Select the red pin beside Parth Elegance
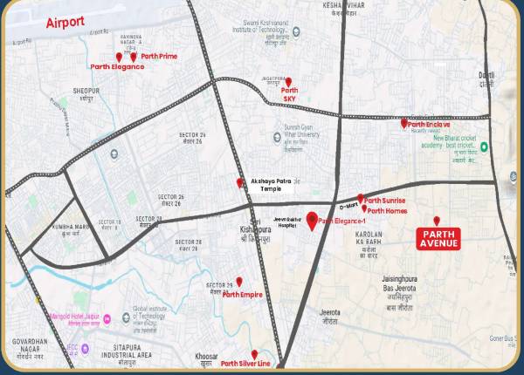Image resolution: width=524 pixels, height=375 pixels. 119,58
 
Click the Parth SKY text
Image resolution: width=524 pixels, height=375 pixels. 290,94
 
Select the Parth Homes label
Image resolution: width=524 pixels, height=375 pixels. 387,210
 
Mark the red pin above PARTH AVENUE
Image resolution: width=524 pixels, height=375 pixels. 437,221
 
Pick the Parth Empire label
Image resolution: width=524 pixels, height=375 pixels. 242,295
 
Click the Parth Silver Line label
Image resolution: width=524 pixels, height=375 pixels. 245,364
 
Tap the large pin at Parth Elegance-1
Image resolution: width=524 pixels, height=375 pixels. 312,220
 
